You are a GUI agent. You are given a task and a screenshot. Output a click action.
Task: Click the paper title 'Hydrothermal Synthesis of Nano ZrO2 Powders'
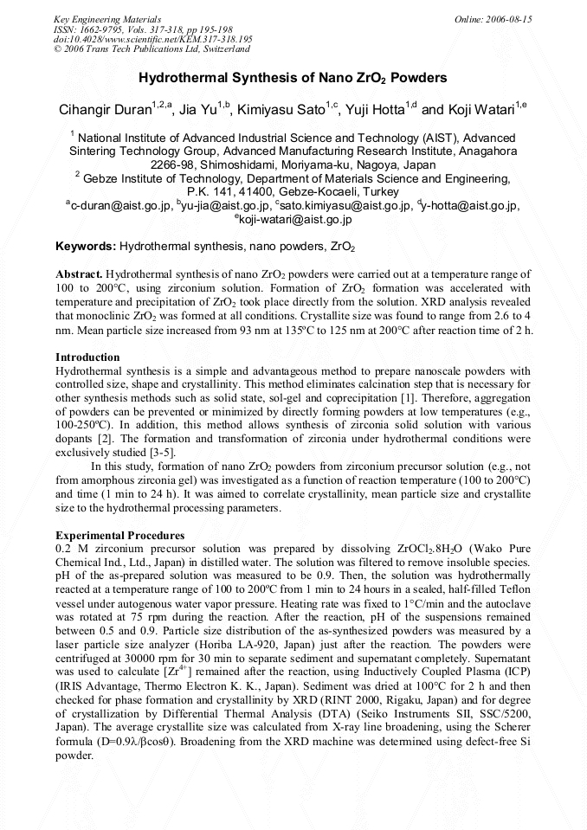[293, 78]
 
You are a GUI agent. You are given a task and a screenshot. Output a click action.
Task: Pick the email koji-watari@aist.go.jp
[294, 220]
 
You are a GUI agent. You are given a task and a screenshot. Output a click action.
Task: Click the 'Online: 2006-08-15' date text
[493, 18]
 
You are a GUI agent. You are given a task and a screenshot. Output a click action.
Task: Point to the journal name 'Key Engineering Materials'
[107, 18]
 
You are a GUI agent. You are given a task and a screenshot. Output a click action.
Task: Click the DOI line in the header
[152, 39]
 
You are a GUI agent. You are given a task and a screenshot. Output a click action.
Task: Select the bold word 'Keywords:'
[86, 247]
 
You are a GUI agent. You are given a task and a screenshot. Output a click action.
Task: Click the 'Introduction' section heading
[87, 357]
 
